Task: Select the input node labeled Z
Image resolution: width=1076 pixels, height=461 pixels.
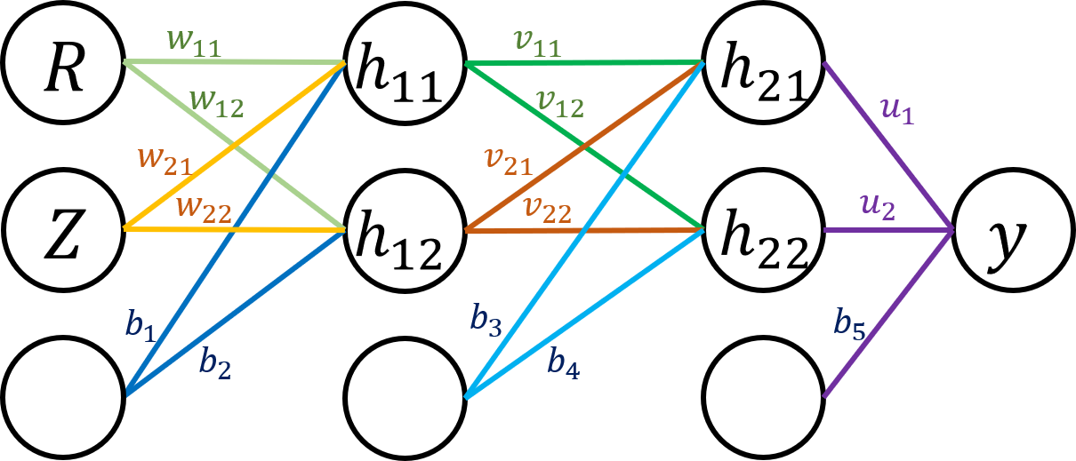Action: click(63, 230)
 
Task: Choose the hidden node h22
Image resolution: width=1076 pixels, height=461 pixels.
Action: click(764, 230)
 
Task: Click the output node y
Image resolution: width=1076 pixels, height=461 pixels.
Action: click(1014, 230)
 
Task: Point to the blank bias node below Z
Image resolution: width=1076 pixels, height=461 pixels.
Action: click(63, 395)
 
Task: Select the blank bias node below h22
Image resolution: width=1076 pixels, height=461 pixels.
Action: click(764, 395)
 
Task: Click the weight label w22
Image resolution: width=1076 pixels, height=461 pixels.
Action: click(205, 210)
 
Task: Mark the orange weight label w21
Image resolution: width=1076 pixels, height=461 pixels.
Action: click(165, 160)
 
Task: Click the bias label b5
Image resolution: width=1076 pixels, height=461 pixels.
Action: click(849, 325)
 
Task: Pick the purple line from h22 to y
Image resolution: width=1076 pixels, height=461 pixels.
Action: click(889, 231)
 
